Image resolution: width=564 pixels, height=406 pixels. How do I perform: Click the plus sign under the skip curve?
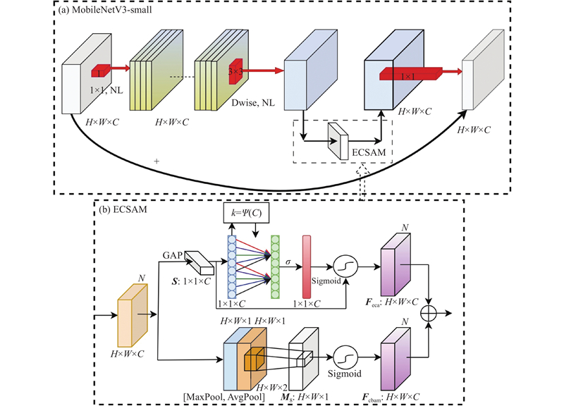156,161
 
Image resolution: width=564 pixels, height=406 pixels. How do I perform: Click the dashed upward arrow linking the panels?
363,185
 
